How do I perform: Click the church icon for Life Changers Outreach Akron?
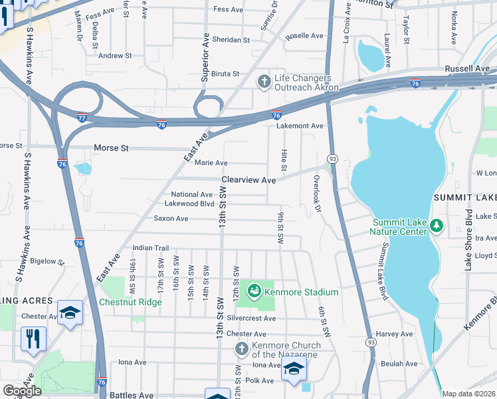[x=264, y=82]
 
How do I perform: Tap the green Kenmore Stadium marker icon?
[x=254, y=291]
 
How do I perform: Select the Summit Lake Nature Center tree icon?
[x=436, y=226]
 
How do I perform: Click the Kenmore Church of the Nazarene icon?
[x=241, y=349]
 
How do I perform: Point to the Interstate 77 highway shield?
[x=80, y=116]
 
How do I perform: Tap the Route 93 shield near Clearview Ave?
[x=330, y=159]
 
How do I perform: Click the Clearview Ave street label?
[x=248, y=180]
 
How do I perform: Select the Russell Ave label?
[x=467, y=68]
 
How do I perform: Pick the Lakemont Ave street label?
[x=300, y=126]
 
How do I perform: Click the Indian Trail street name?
[x=152, y=247]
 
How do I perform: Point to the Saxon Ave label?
[x=171, y=218]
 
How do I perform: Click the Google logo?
[x=22, y=390]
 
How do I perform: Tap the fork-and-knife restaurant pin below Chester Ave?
[x=32, y=338]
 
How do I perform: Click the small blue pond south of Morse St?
[x=83, y=168]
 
